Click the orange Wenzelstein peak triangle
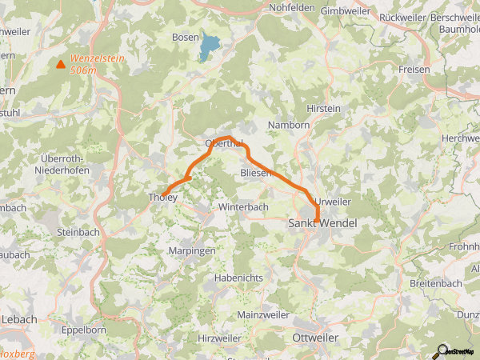[x=60, y=64]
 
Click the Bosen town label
[x=186, y=37]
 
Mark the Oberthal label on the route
[x=224, y=143]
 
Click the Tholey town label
[x=162, y=197]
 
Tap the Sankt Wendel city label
[x=321, y=225]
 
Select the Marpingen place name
[x=192, y=250]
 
